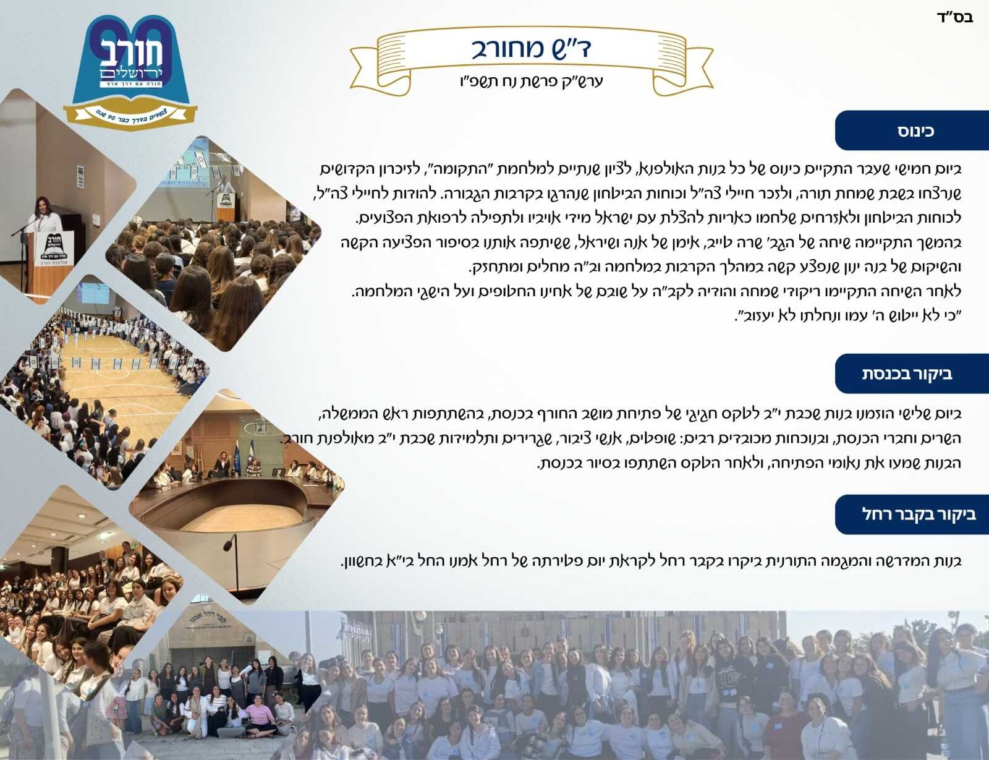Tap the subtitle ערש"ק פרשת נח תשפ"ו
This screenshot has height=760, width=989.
(531, 82)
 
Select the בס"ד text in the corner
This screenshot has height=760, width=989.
(954, 18)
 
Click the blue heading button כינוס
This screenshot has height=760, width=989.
(912, 130)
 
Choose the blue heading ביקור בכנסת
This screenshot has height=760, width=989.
(912, 374)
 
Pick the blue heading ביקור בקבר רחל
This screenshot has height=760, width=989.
(912, 514)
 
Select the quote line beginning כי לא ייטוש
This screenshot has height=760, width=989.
(848, 315)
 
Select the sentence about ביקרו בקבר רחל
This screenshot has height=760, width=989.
(652, 561)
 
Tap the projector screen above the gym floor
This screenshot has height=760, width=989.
(94, 292)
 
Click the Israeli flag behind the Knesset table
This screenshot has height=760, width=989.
(252, 451)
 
